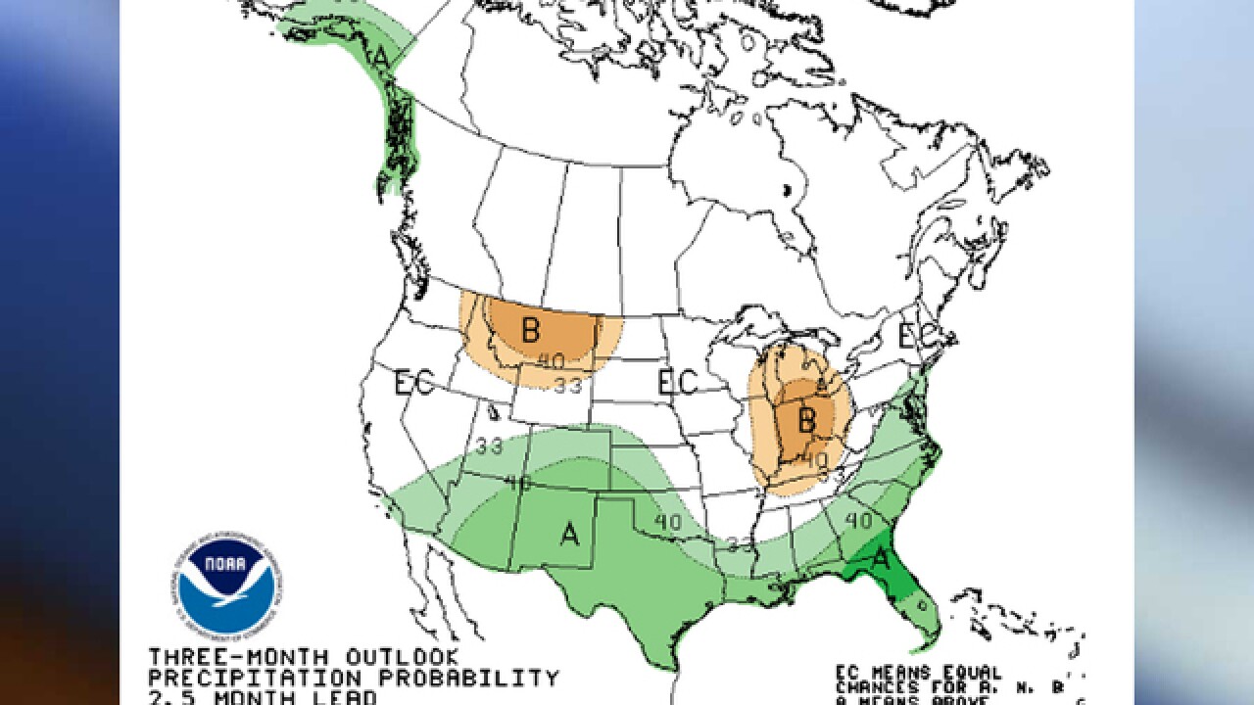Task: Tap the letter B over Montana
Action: pos(530,330)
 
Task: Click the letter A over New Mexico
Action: pos(569,534)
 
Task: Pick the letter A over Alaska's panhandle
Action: pos(380,58)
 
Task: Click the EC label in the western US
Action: pos(413,383)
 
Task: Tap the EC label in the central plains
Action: pos(677,382)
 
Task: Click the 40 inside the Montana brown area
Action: pos(551,360)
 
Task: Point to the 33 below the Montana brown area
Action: pos(567,385)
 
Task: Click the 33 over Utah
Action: pos(489,446)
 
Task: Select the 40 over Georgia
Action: pos(857,521)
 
